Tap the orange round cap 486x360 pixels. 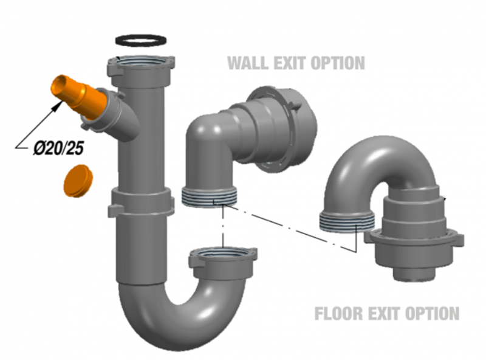[78, 181]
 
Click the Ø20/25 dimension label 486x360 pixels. [58, 148]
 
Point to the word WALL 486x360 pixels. [248, 63]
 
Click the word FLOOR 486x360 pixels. [339, 313]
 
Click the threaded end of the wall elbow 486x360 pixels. [210, 198]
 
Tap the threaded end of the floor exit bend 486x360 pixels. [347, 221]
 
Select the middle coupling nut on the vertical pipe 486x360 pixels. [141, 202]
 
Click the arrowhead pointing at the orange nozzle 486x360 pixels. [58, 106]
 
